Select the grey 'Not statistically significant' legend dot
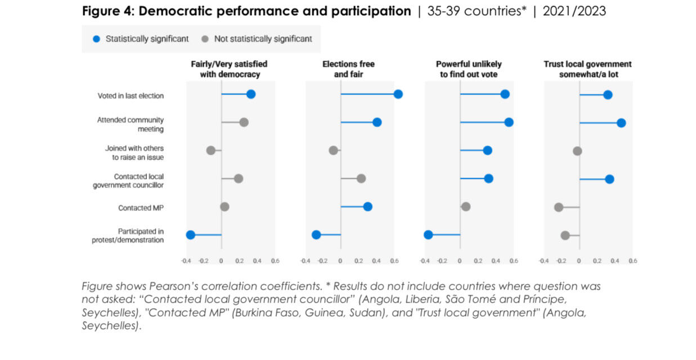pos(205,39)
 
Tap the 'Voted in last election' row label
pos(131,96)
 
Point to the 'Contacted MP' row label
pos(141,208)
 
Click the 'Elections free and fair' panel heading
pos(348,69)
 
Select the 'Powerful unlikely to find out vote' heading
pos(468,69)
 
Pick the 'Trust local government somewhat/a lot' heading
pos(587,69)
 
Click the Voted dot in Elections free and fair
pos(398,94)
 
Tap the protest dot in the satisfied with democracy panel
pos(190,235)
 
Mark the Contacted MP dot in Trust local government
pos(559,207)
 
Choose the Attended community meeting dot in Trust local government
pos(621,123)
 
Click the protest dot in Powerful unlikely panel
pos(428,235)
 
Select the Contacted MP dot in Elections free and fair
pos(367,206)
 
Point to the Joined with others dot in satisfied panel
pos(210,150)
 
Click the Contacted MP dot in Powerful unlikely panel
pos(465,206)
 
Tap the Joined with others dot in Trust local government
pos(577,151)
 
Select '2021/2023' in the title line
pos(574,11)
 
